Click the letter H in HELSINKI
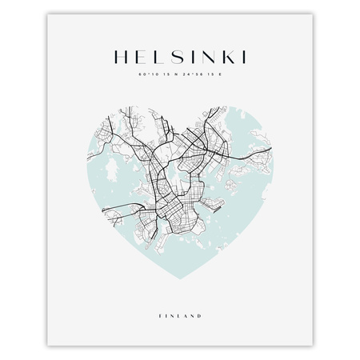click(122, 58)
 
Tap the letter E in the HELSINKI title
click(138, 58)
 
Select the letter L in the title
click(155, 58)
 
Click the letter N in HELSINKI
click(199, 58)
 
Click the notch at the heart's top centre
click(179, 125)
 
